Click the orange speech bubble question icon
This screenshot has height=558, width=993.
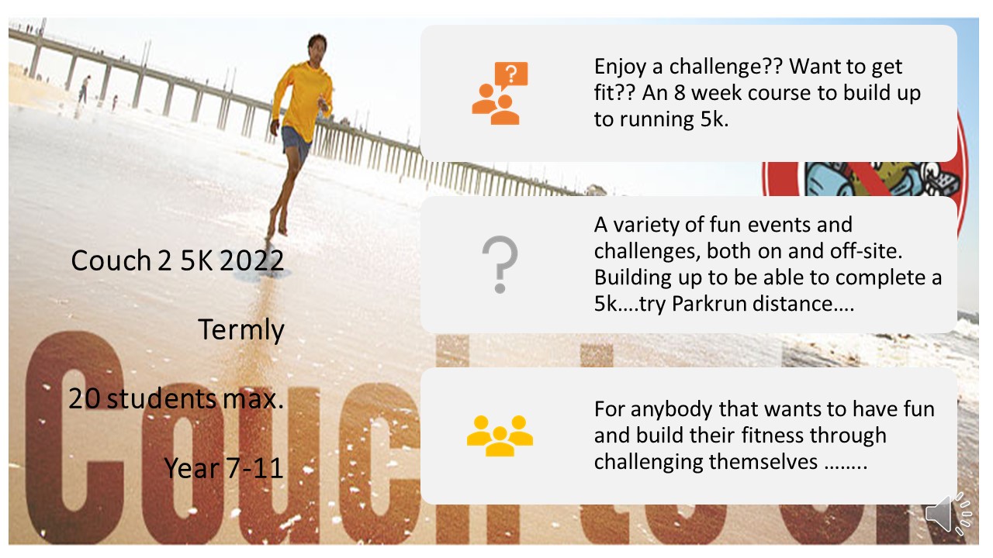[500, 94]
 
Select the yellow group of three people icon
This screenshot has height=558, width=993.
[500, 436]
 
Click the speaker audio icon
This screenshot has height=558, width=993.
[949, 514]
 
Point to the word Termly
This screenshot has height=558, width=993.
[240, 330]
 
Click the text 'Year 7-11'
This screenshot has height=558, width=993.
[224, 468]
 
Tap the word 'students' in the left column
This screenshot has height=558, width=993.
[161, 398]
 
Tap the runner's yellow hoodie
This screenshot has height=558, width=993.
[304, 100]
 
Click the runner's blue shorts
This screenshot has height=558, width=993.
[296, 143]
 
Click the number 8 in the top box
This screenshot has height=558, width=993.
[680, 93]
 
